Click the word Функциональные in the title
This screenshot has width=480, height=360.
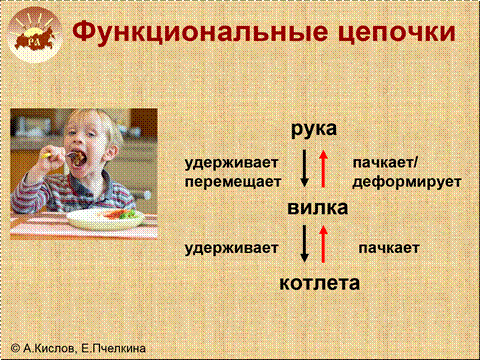click(x=201, y=32)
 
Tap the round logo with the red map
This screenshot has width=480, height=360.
click(x=35, y=36)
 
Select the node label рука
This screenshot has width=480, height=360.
click(x=314, y=130)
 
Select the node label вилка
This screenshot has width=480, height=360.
click(x=318, y=208)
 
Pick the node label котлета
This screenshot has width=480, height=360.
click(x=319, y=283)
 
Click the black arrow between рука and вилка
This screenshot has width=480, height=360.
click(x=304, y=168)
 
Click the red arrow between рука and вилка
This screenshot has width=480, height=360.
click(x=323, y=168)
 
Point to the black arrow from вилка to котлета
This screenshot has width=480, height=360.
click(x=304, y=244)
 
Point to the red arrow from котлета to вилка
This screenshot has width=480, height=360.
click(x=323, y=244)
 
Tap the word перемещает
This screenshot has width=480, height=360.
click(x=233, y=183)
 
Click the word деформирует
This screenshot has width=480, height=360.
click(x=407, y=183)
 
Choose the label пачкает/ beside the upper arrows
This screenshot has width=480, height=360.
click(x=385, y=163)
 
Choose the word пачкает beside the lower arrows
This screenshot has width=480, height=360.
click(x=389, y=248)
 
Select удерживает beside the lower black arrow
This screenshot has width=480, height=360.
click(x=231, y=249)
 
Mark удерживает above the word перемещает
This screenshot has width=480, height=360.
click(x=231, y=163)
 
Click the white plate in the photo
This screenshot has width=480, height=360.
click(x=105, y=219)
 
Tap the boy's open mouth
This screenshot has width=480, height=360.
click(x=77, y=157)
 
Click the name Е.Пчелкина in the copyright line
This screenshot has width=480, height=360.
click(x=113, y=348)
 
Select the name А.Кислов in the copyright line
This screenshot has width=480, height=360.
click(x=49, y=348)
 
